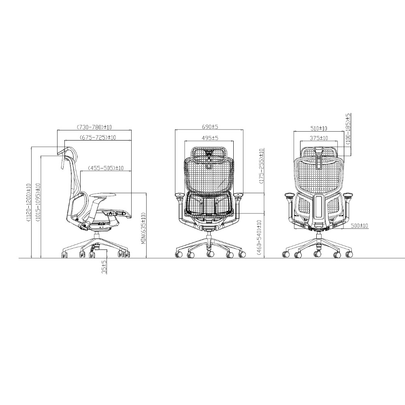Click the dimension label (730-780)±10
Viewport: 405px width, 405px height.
point(94,127)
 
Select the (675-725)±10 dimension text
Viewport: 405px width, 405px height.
point(98,137)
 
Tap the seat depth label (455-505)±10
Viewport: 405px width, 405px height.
point(106,168)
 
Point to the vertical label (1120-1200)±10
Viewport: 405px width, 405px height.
point(28,203)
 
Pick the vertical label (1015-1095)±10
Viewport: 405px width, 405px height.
point(38,202)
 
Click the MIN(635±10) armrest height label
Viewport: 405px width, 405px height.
point(144,228)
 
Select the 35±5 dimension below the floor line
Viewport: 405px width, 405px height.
point(104,267)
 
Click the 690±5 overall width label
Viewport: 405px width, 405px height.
point(210,127)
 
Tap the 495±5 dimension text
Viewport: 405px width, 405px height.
point(210,138)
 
